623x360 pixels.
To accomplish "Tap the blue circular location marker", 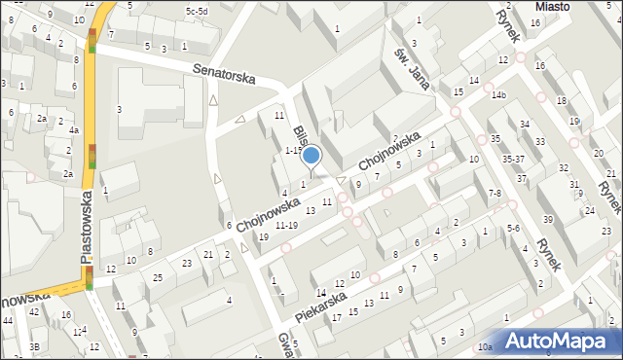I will (311, 154).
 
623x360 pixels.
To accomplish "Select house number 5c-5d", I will (197, 11).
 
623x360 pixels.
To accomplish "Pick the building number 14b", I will (498, 94).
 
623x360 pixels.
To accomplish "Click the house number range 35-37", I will (512, 159).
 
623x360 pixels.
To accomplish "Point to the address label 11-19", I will (286, 225).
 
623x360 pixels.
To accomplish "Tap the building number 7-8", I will (495, 194).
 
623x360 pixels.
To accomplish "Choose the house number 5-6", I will (514, 228).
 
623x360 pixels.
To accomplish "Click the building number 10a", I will (485, 346).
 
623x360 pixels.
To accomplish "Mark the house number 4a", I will (73, 129).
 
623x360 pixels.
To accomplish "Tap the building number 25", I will (158, 278).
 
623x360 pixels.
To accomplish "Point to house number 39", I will (547, 219).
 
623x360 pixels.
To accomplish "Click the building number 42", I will (34, 312).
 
